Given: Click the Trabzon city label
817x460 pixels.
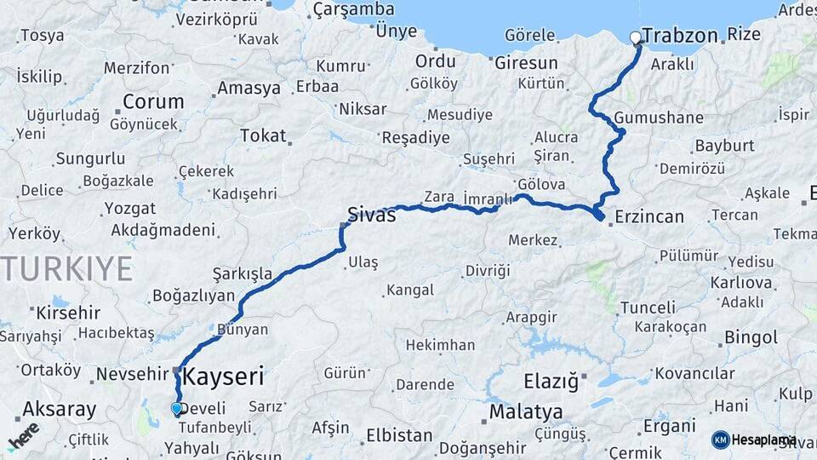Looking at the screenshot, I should click(681, 36).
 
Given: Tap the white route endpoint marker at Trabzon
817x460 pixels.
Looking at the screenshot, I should click(636, 37).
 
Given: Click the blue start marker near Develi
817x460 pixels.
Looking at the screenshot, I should click(176, 409).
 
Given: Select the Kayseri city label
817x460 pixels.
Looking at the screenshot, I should click(224, 376).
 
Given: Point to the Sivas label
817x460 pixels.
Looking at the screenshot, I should click(372, 215).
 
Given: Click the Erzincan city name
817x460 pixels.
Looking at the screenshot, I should click(648, 216).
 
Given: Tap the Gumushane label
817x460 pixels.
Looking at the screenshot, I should click(659, 118).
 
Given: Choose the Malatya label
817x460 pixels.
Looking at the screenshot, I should click(526, 412).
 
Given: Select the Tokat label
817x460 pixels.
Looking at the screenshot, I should click(263, 135).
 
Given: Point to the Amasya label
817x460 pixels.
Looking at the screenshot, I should click(249, 88).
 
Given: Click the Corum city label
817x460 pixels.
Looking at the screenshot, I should click(153, 101).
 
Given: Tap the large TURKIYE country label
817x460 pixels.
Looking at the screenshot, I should click(66, 268).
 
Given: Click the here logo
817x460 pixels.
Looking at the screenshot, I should click(23, 435).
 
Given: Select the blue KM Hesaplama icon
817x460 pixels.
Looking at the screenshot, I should click(720, 440).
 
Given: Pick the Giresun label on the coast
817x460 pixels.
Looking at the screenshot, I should click(526, 63).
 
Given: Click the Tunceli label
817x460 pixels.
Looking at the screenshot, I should click(648, 307).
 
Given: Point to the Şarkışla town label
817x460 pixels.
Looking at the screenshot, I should click(243, 273).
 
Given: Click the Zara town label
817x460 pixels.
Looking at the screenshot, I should click(439, 197).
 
